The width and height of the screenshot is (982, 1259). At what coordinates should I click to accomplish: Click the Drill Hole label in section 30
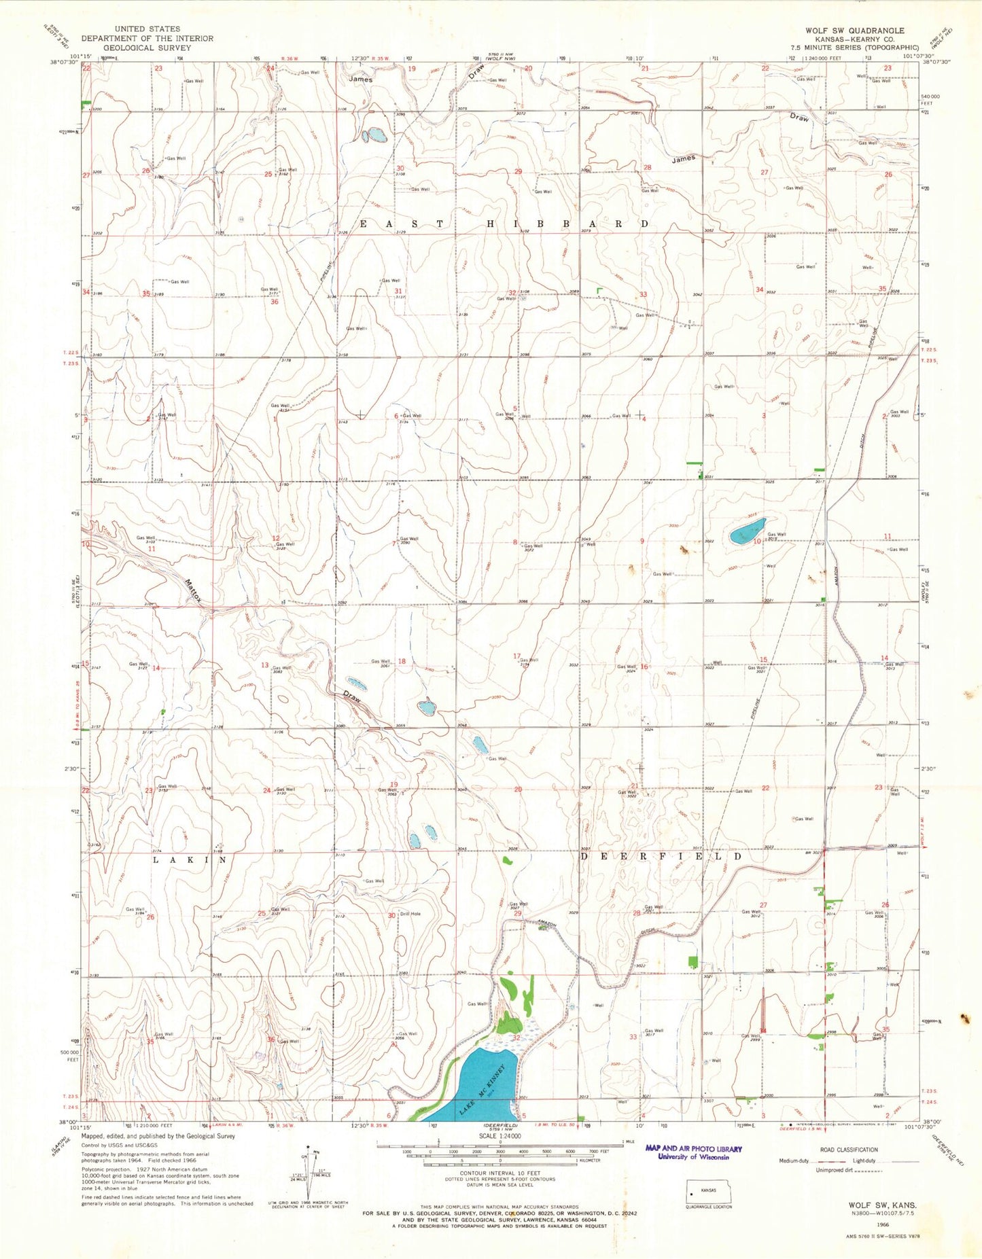410,914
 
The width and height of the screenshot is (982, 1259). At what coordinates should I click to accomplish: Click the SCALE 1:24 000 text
500,1135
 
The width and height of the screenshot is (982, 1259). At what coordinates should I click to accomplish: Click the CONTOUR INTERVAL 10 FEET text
499,1173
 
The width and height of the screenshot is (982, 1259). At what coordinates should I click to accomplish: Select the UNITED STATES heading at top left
147,29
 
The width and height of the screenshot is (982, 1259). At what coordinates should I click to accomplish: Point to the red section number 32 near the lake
516,1038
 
